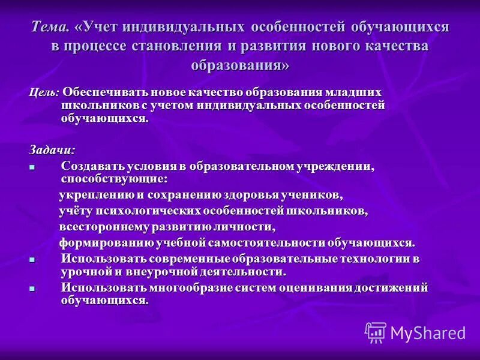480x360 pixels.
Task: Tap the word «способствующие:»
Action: click(x=114, y=179)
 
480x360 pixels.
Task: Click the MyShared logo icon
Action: click(x=376, y=332)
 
